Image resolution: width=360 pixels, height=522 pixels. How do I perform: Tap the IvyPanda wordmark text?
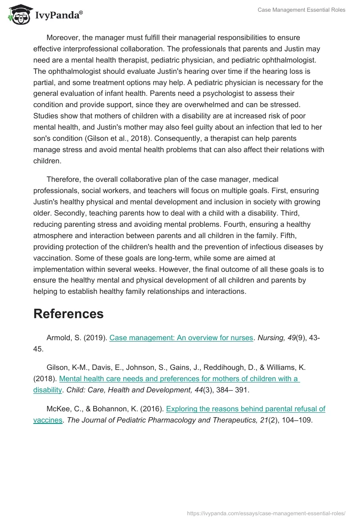[x=58, y=15]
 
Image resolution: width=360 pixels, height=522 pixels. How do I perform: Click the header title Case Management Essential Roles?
[x=301, y=10]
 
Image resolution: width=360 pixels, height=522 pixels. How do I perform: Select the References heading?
[x=68, y=314]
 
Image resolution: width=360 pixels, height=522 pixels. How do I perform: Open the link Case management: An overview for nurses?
[x=181, y=337]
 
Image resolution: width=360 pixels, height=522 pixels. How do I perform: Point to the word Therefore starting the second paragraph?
[x=65, y=179]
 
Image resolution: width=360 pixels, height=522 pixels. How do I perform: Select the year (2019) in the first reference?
[x=95, y=337]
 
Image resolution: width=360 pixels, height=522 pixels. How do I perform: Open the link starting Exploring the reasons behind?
[x=245, y=409]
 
